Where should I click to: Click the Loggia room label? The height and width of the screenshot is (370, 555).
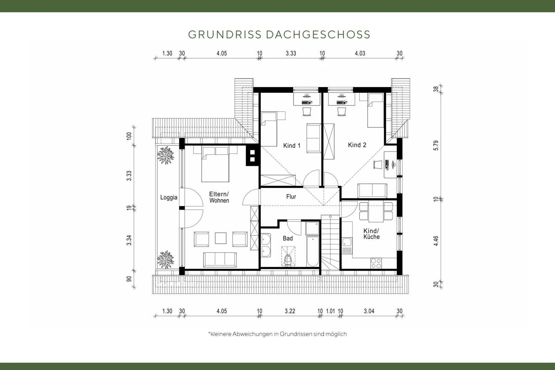click(x=169, y=198)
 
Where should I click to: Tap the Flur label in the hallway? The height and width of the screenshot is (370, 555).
click(x=291, y=197)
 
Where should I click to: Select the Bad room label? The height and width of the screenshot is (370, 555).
click(x=288, y=238)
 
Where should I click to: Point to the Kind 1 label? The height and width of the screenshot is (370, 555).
click(x=292, y=146)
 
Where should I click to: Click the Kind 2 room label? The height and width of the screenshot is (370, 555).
click(x=357, y=145)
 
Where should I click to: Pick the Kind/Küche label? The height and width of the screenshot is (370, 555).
click(x=371, y=234)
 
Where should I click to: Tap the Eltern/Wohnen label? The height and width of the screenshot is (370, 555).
click(x=219, y=197)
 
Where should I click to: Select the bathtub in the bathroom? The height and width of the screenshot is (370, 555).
click(x=313, y=251)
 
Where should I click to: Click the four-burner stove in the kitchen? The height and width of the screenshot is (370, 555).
click(x=376, y=263)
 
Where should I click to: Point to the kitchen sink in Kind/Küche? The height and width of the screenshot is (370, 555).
click(x=347, y=246)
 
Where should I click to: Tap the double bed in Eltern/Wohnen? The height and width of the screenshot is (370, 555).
click(x=215, y=164)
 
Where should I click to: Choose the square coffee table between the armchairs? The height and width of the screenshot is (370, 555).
click(x=221, y=238)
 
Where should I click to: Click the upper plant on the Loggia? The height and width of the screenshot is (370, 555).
click(x=165, y=156)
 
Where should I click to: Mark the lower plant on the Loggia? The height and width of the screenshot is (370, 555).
click(x=165, y=260)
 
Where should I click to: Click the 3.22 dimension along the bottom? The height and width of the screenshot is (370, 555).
click(x=290, y=311)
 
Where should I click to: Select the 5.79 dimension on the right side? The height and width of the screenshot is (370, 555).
click(x=436, y=146)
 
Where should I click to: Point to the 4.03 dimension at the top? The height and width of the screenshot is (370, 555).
click(x=360, y=53)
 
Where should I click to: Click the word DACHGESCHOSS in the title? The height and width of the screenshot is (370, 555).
click(x=318, y=35)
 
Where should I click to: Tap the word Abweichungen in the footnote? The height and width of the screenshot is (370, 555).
click(x=252, y=334)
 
